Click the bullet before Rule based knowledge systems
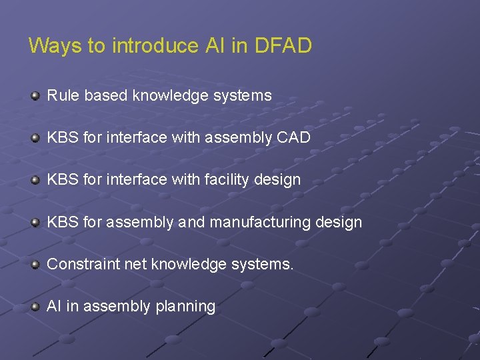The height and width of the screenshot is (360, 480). coord(35,96)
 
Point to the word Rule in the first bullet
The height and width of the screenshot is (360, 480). coord(62,95)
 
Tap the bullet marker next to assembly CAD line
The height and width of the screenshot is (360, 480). coord(35,139)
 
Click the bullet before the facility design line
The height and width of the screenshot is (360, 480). coord(35,181)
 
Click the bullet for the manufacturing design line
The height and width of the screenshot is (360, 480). coord(35,223)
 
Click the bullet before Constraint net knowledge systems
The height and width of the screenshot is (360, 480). coord(35,265)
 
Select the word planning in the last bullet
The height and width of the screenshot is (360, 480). coord(185,307)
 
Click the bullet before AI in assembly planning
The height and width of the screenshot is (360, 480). coord(35,307)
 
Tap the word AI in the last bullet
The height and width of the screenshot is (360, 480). coord(53,306)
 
